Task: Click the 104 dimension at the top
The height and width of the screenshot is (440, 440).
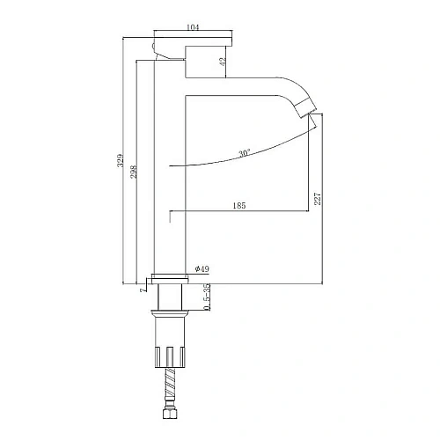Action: (193, 27)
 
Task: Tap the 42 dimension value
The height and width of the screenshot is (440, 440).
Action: (223, 62)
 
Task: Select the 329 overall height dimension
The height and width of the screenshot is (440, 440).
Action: (121, 160)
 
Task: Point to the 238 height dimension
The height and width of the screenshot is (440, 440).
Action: (134, 172)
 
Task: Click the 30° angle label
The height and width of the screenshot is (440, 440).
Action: (245, 153)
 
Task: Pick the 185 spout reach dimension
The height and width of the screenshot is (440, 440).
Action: (239, 206)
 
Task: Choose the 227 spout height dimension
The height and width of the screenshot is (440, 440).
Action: (318, 199)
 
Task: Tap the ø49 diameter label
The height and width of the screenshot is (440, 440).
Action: (202, 268)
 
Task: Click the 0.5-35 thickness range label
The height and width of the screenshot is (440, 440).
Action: (207, 297)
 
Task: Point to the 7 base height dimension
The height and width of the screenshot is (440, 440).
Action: (143, 290)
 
